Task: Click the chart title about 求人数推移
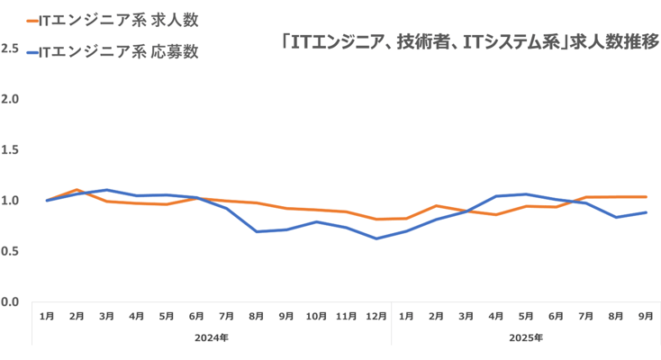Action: click(x=469, y=41)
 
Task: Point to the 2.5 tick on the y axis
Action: click(x=10, y=48)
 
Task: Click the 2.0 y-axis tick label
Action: click(x=10, y=98)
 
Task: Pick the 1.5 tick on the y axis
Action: click(x=10, y=149)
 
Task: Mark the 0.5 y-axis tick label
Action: click(x=10, y=251)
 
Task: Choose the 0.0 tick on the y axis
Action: click(x=10, y=301)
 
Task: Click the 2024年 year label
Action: click(x=212, y=338)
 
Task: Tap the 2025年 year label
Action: click(x=526, y=338)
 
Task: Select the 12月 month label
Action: click(x=376, y=316)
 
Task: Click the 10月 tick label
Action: click(x=316, y=316)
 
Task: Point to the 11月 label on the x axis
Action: click(x=347, y=316)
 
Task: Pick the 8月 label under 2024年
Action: click(x=257, y=316)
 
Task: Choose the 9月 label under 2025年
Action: click(x=646, y=316)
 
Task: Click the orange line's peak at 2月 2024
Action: click(x=77, y=190)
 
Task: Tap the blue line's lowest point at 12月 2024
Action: click(x=376, y=238)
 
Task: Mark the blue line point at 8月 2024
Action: click(x=257, y=231)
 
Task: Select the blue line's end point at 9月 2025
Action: click(x=646, y=212)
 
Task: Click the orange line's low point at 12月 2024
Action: click(x=376, y=220)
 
